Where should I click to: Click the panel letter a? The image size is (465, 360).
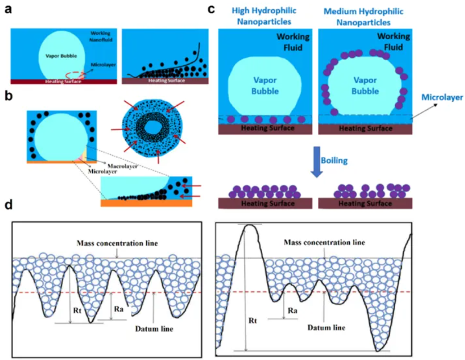(8, 9)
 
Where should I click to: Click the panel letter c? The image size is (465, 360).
(211, 9)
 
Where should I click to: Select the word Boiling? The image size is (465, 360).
(334, 161)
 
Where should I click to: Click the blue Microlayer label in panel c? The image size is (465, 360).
(442, 97)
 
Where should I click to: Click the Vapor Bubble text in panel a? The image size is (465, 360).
(61, 56)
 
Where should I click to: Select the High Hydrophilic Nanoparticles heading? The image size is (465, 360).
(264, 16)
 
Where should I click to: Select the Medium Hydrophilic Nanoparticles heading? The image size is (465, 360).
(363, 17)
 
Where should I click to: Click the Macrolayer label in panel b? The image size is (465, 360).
(122, 166)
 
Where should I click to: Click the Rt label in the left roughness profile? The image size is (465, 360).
(77, 310)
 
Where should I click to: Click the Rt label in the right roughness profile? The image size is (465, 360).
(253, 320)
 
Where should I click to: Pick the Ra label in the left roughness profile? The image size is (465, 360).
(119, 309)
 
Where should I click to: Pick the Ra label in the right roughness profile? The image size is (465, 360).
(293, 310)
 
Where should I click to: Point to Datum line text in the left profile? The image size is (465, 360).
(154, 329)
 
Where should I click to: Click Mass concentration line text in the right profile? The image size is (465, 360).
(324, 243)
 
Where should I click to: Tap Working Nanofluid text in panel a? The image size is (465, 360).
(101, 36)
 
